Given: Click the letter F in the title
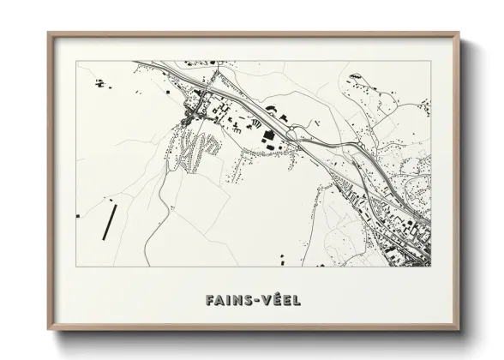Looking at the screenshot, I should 210,301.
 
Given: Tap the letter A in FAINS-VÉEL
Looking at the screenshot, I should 220,301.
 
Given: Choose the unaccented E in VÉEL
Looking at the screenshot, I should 287,301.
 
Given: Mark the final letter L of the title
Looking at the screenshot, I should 297,301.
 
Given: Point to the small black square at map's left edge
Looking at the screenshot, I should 78,215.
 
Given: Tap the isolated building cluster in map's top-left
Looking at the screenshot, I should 100,83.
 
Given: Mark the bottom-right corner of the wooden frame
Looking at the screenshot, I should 460,332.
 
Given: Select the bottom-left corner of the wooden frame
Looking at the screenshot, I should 49,332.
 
